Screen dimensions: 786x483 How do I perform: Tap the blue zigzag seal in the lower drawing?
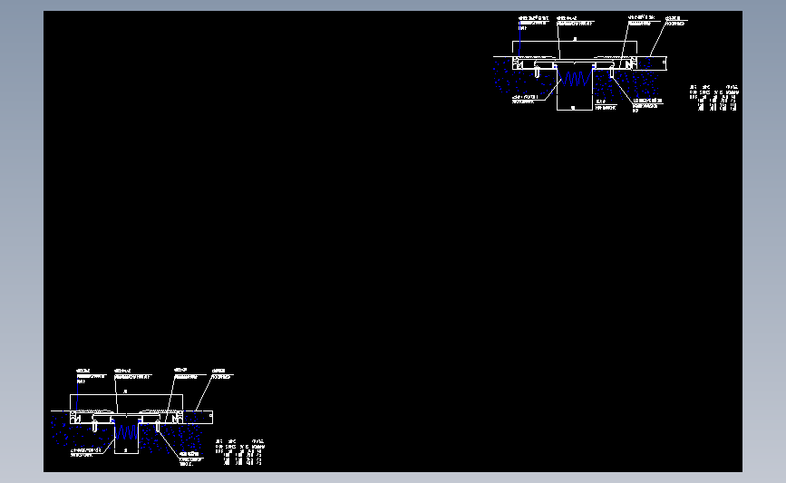[126, 433]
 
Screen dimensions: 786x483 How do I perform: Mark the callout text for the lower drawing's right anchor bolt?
[191, 458]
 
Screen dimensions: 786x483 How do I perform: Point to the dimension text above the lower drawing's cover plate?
[125, 391]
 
